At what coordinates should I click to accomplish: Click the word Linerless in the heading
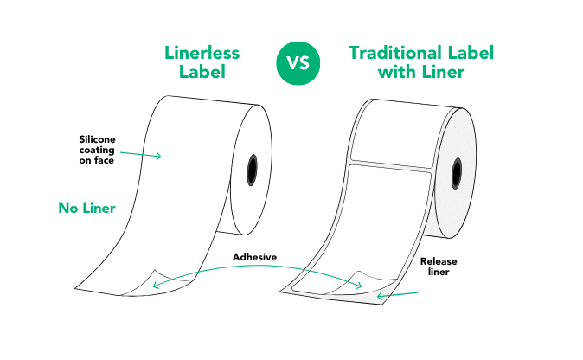tap(202, 53)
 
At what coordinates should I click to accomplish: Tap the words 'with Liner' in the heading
tap(421, 73)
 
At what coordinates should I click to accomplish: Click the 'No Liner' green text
tap(87, 208)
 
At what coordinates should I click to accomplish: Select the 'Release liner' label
tap(439, 266)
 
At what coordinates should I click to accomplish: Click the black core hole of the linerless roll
tap(253, 170)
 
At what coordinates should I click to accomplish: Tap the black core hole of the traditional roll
tap(457, 170)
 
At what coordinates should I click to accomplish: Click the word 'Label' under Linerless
tap(202, 73)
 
